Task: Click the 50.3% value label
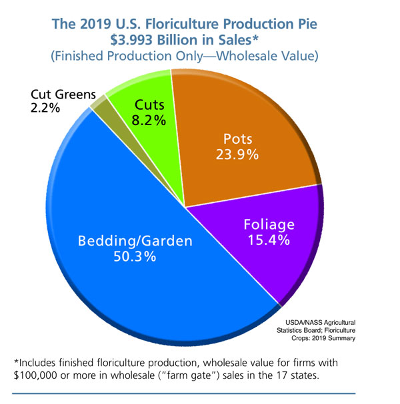(126, 256)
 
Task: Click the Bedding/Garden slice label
(126, 239)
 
